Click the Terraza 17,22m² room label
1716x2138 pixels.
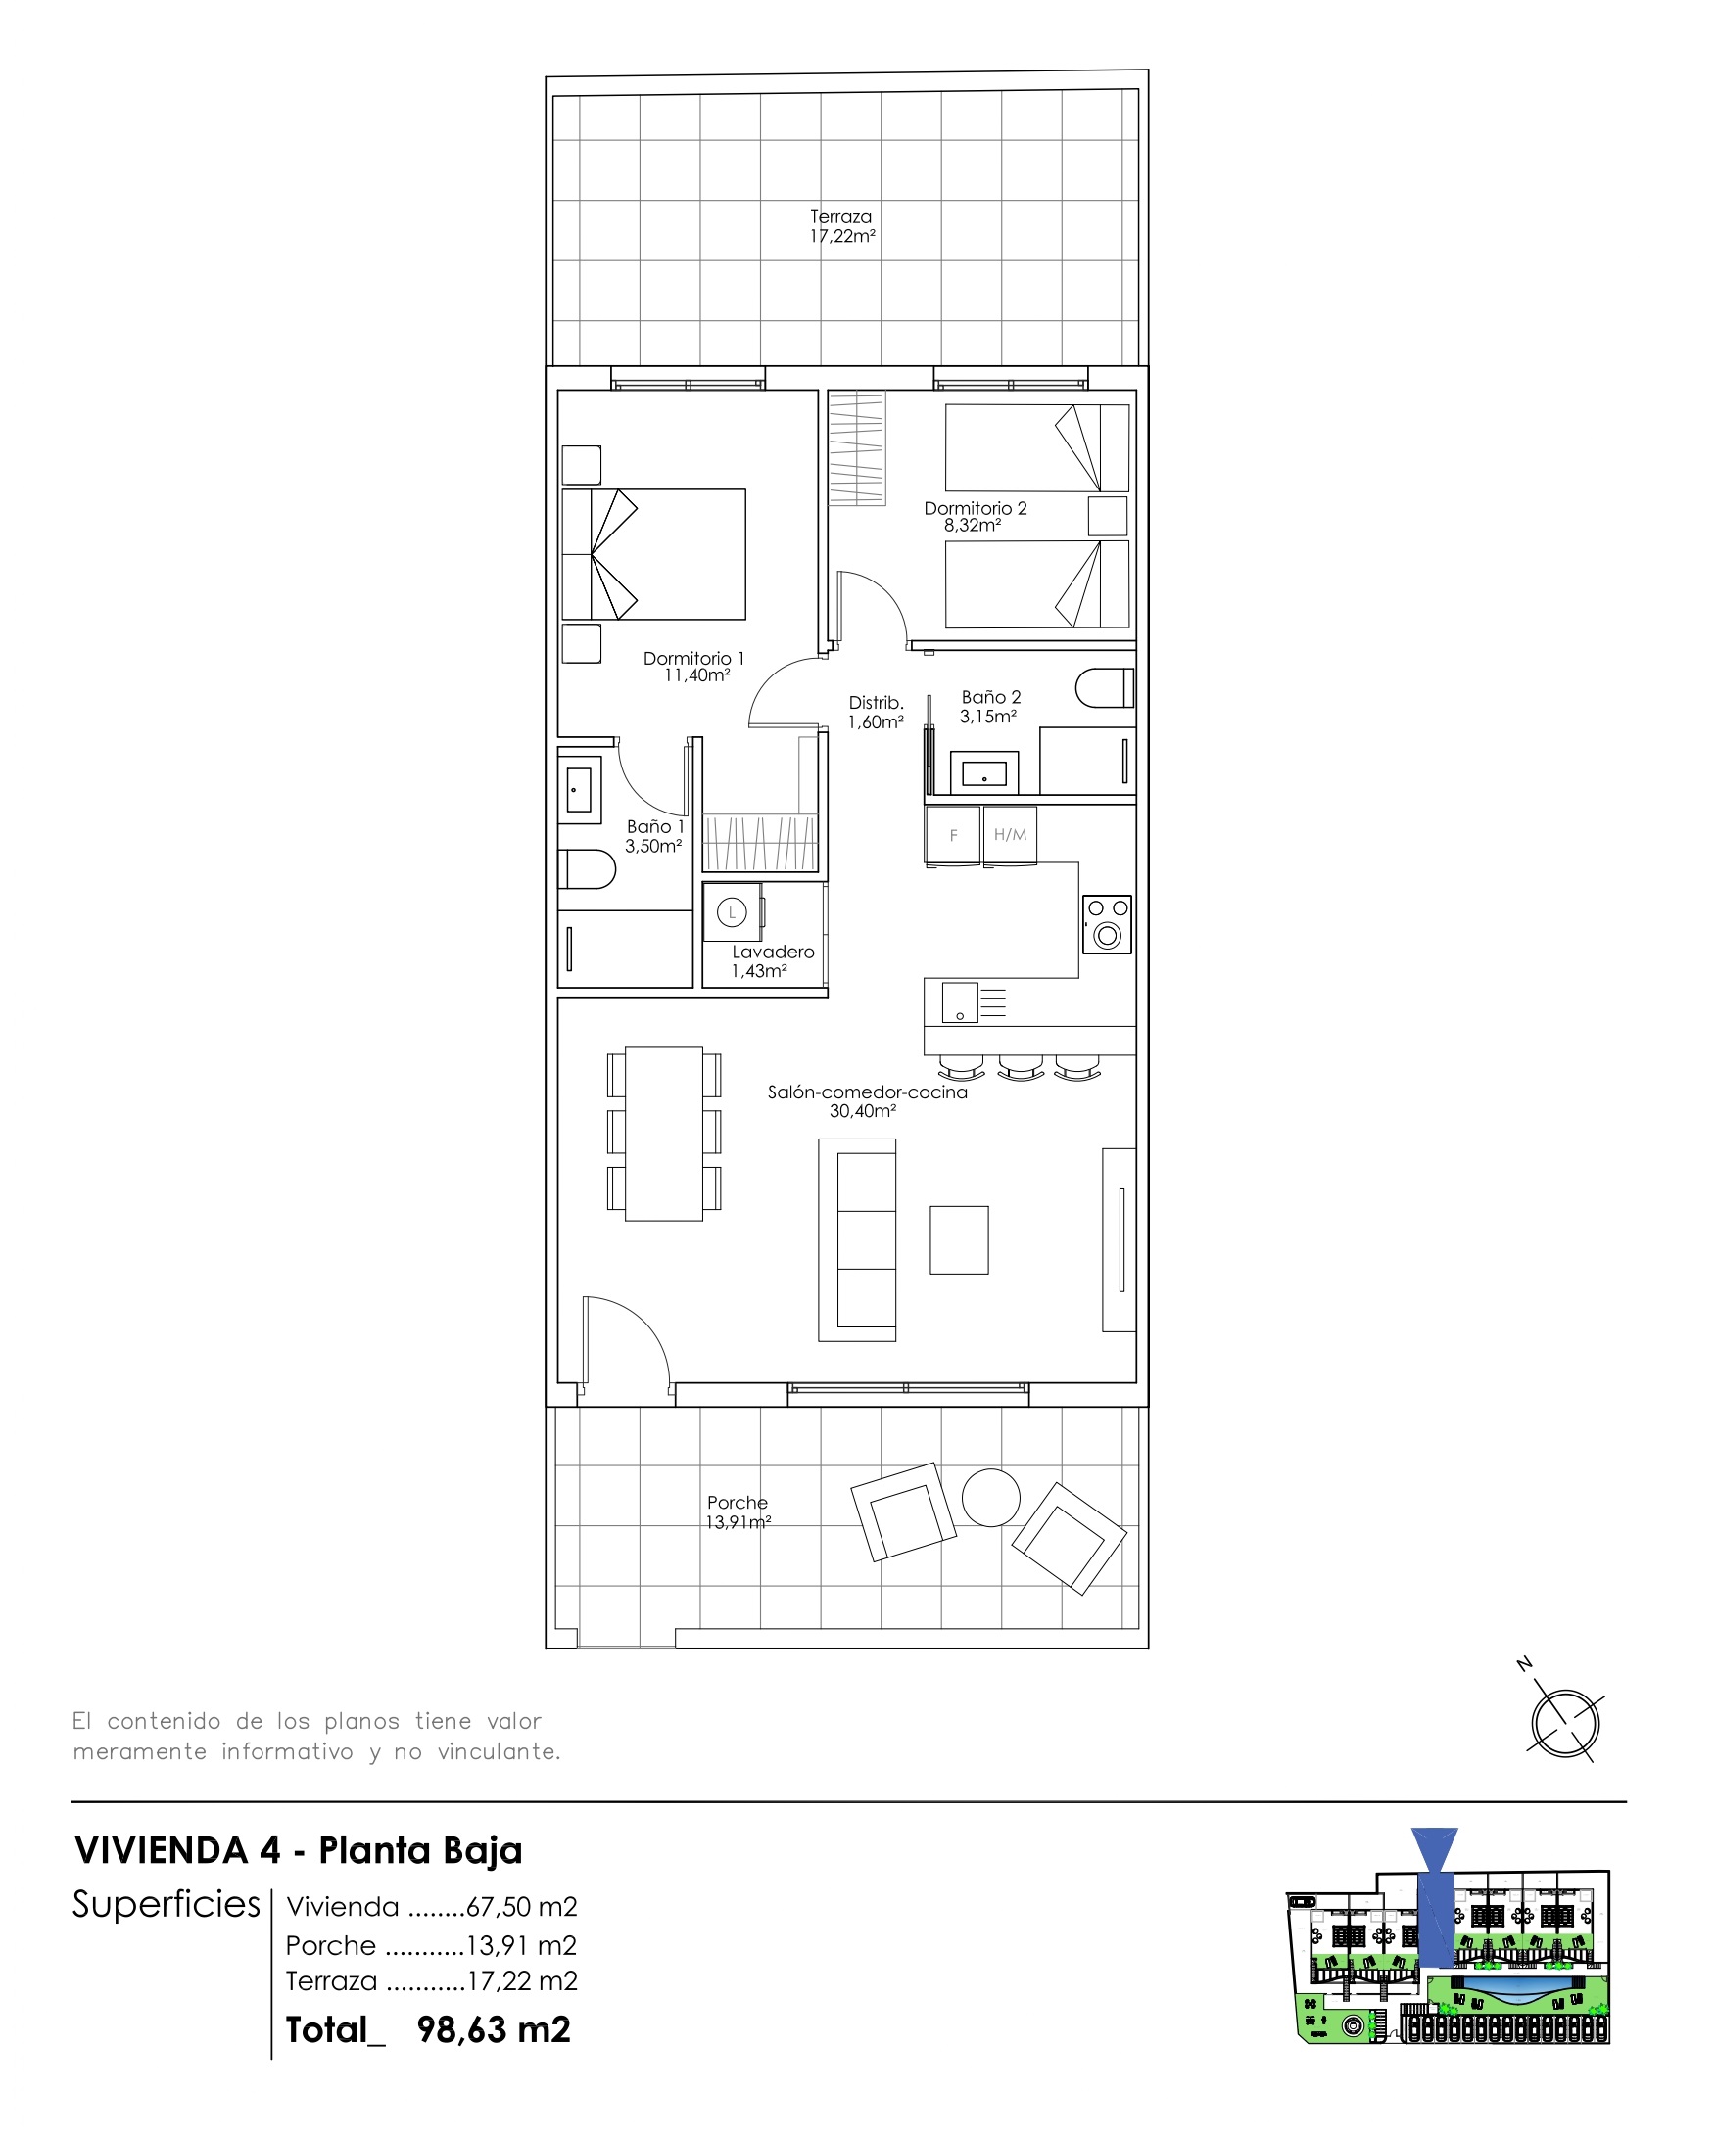[x=841, y=226]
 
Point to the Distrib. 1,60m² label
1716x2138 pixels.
[x=875, y=712]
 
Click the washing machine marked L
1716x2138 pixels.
[x=732, y=912]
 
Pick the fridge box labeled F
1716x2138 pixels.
[x=952, y=835]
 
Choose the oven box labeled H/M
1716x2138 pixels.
[x=1010, y=835]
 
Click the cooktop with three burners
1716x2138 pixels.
[x=1107, y=924]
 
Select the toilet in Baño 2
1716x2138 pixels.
[x=1104, y=687]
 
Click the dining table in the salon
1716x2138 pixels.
[x=664, y=1133]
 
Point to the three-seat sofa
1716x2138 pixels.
[x=858, y=1239]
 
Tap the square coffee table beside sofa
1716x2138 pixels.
[x=958, y=1239]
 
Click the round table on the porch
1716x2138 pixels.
[x=990, y=1498]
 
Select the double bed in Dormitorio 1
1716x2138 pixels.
[x=654, y=554]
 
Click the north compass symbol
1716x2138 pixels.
[x=1564, y=1724]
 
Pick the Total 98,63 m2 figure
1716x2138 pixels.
[x=428, y=2030]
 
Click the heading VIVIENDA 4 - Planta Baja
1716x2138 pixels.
[x=299, y=1850]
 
